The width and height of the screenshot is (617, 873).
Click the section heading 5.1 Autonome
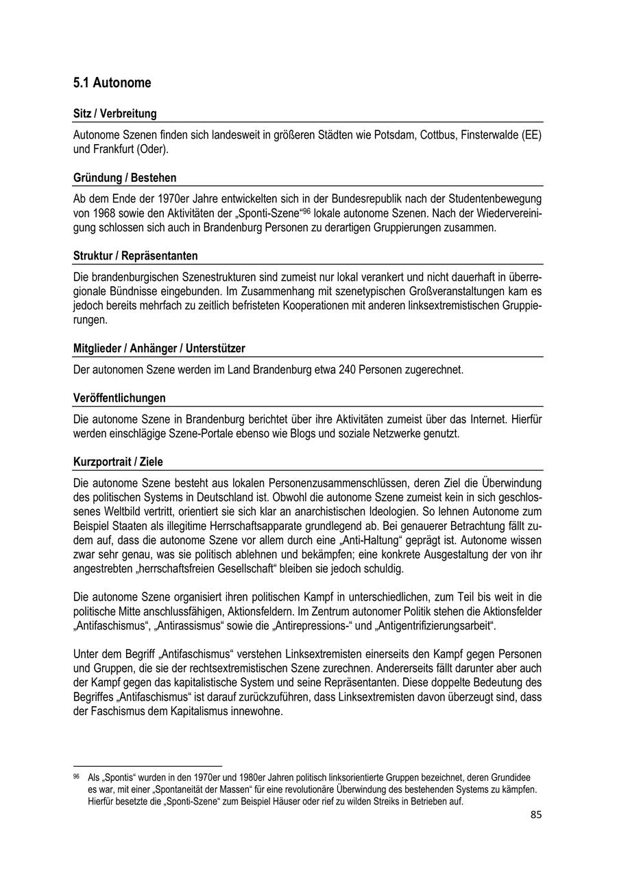coord(112,83)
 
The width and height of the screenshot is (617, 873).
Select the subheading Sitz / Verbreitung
coord(114,114)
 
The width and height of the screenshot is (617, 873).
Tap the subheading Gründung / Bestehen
coord(125,178)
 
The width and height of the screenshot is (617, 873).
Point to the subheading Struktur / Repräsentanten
coord(135,256)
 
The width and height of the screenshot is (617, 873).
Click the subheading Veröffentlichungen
coord(119,398)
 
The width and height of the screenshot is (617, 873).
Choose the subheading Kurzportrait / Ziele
coord(118,462)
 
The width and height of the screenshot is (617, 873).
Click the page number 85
coord(536,815)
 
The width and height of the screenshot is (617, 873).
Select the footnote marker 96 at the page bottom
coord(76,777)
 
